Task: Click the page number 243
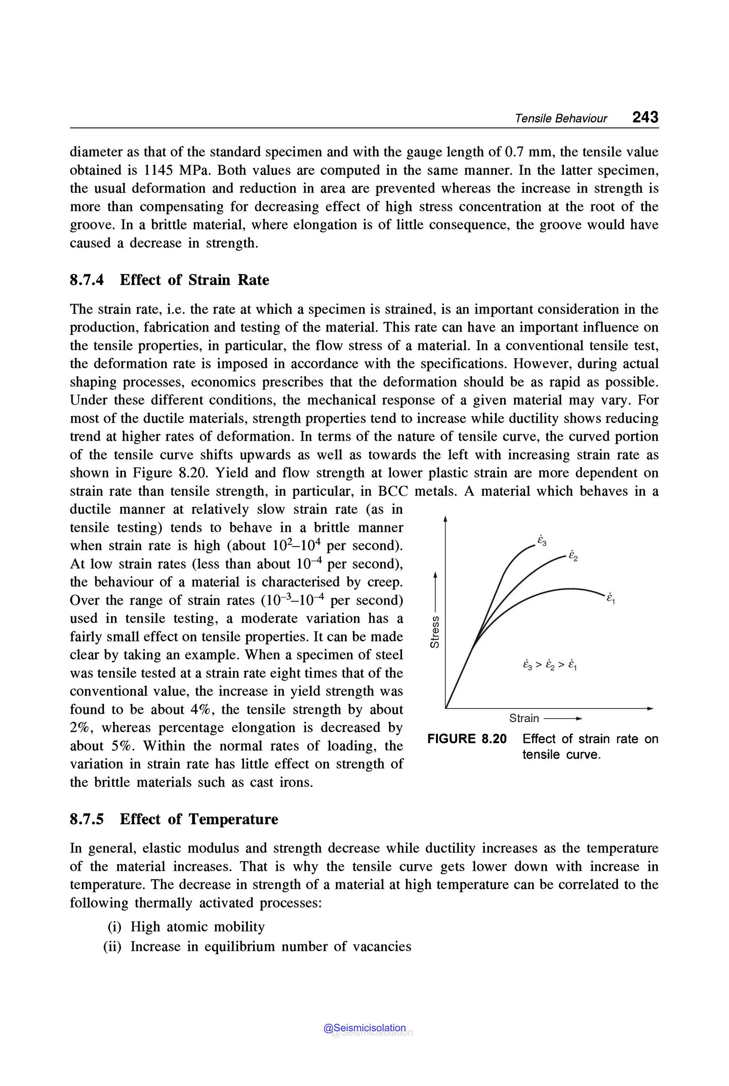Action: (645, 117)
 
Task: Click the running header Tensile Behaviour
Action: (560, 119)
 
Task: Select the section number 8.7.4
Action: (86, 280)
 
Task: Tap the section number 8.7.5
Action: (86, 819)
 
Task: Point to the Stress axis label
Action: (434, 631)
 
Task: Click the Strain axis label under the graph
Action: (524, 718)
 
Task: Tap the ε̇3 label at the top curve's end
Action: (542, 541)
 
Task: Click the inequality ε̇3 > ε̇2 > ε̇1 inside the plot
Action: (550, 665)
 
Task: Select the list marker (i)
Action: (114, 926)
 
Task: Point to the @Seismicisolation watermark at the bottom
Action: (365, 1028)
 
